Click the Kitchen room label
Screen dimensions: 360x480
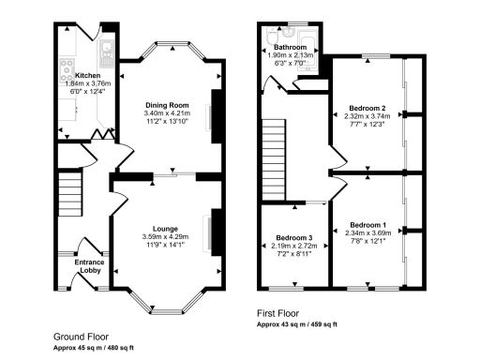coord(87,75)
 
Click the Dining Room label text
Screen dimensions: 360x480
coord(166,105)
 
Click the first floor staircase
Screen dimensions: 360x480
coord(273,144)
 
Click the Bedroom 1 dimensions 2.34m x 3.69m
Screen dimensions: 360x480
coord(368,234)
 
